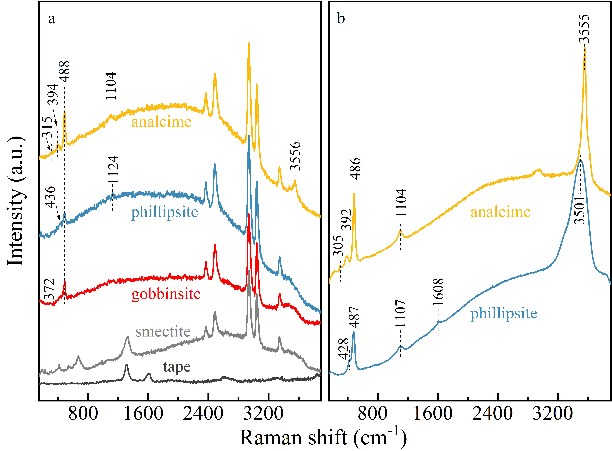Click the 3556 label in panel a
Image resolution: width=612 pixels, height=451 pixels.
(x=295, y=156)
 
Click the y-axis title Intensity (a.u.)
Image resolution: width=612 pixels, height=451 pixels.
(x=16, y=201)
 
